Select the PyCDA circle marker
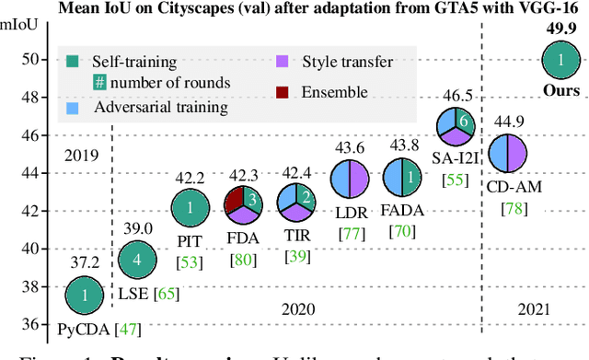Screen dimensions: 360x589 [x=84, y=296]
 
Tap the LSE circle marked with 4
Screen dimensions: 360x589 [x=136, y=259]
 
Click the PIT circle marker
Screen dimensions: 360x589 [x=191, y=208]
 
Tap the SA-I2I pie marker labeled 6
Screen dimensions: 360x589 [x=456, y=125]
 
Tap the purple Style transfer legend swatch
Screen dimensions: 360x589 [x=281, y=62]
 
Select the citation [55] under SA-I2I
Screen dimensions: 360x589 [x=455, y=180]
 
